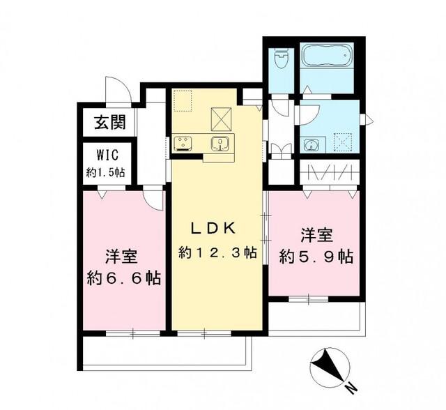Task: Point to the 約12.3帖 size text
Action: (x=217, y=252)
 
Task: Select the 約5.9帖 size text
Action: (x=316, y=257)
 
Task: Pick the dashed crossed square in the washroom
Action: (x=344, y=142)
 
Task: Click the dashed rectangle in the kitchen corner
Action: (x=183, y=101)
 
